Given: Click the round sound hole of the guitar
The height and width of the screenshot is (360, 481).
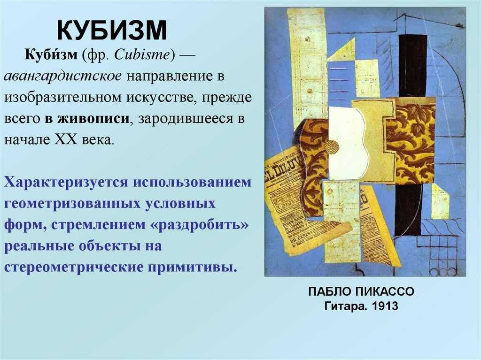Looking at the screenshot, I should pyautogui.click(x=332, y=146).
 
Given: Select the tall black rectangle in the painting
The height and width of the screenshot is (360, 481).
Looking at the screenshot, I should pyautogui.click(x=412, y=66).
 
